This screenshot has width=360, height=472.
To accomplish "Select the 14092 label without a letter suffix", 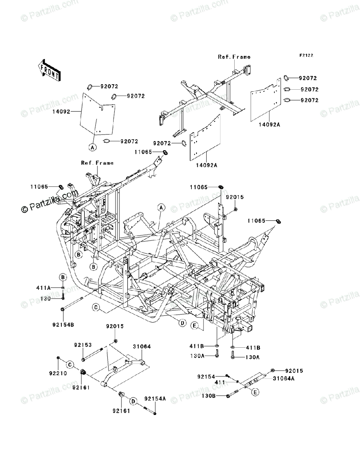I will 61,111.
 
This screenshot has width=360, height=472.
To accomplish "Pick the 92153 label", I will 83,345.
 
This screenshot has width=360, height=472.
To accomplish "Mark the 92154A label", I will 155,399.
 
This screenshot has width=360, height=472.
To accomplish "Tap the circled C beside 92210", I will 68,364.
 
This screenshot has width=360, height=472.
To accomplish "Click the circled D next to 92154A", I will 134,401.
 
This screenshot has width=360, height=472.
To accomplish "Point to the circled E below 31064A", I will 255,392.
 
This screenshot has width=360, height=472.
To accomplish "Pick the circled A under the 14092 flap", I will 92,147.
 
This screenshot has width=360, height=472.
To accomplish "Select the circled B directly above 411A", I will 62,278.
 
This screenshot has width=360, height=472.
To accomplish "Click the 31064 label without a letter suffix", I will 142,347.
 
